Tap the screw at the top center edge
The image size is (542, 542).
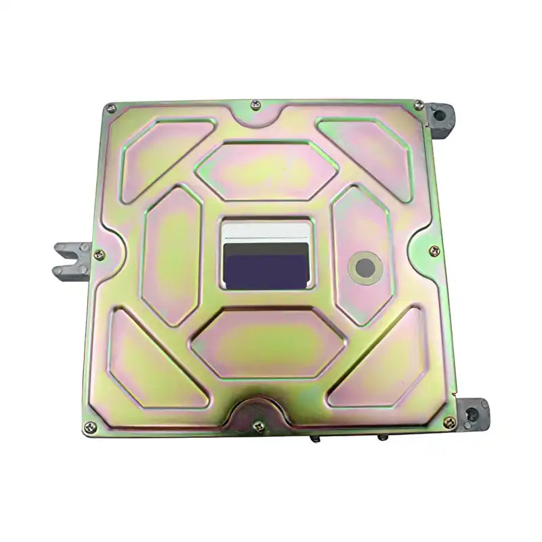255,105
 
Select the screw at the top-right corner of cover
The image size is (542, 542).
418,105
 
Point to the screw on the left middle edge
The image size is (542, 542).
99,255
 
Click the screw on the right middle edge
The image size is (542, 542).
434,251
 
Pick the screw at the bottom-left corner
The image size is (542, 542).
89,427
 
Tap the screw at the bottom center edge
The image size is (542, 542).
258,426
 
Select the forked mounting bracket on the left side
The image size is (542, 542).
71,261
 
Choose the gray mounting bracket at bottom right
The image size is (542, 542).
472,412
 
